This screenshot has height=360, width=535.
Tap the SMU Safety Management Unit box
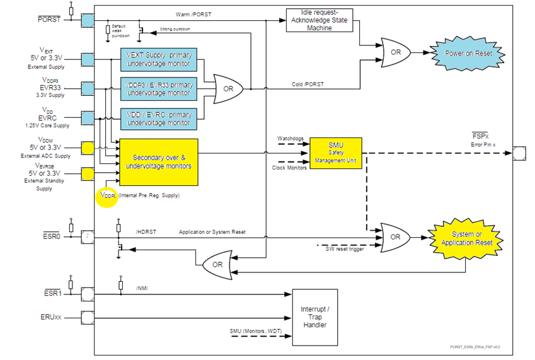tap(335, 154)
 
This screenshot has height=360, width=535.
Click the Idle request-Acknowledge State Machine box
tap(319, 23)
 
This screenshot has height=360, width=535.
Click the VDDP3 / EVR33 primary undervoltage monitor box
tap(159, 90)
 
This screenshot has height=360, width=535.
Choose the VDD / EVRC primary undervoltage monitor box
tap(159, 119)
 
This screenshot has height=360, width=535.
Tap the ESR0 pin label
tap(52, 238)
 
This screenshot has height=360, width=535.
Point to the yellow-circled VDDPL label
tap(109, 195)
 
